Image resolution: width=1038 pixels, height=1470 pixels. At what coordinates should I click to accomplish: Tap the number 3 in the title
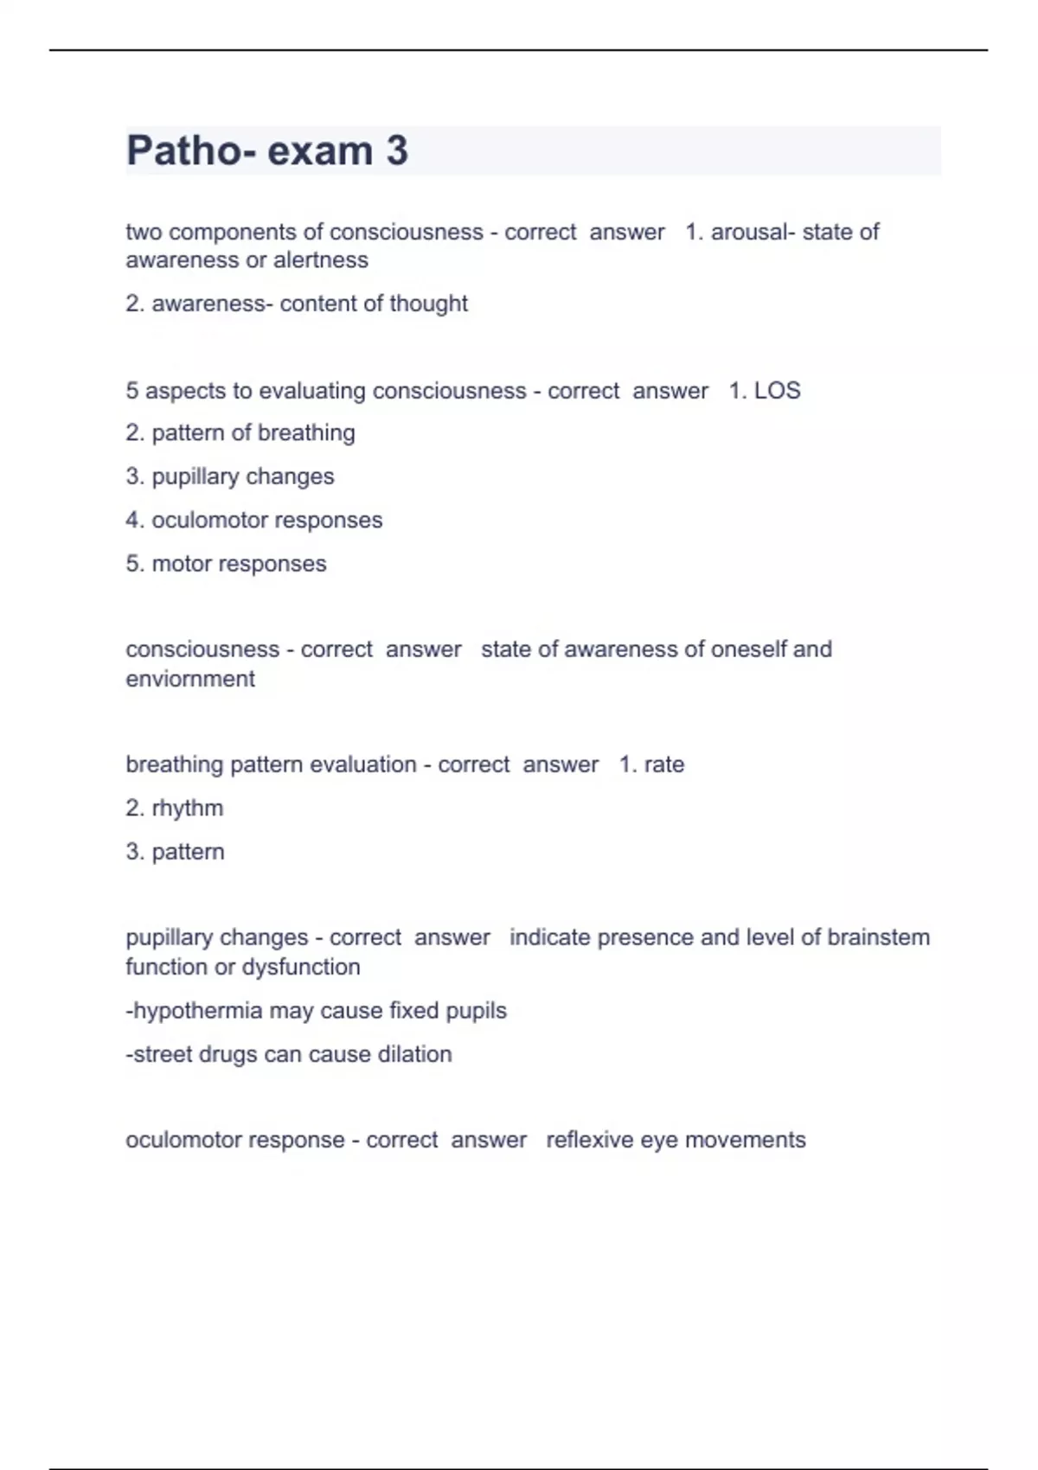click(x=397, y=151)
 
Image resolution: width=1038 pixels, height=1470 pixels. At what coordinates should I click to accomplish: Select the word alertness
click(x=321, y=260)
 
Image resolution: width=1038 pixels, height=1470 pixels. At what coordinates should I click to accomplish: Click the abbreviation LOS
click(x=777, y=391)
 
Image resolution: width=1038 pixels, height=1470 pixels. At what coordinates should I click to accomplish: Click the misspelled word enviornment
click(x=190, y=679)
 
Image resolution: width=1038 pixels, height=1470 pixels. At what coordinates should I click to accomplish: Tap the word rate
click(x=664, y=765)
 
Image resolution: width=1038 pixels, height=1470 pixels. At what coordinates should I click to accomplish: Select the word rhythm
click(x=188, y=808)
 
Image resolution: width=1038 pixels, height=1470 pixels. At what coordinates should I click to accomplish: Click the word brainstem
click(x=878, y=938)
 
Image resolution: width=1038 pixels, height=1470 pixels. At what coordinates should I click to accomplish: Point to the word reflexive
click(x=590, y=1140)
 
